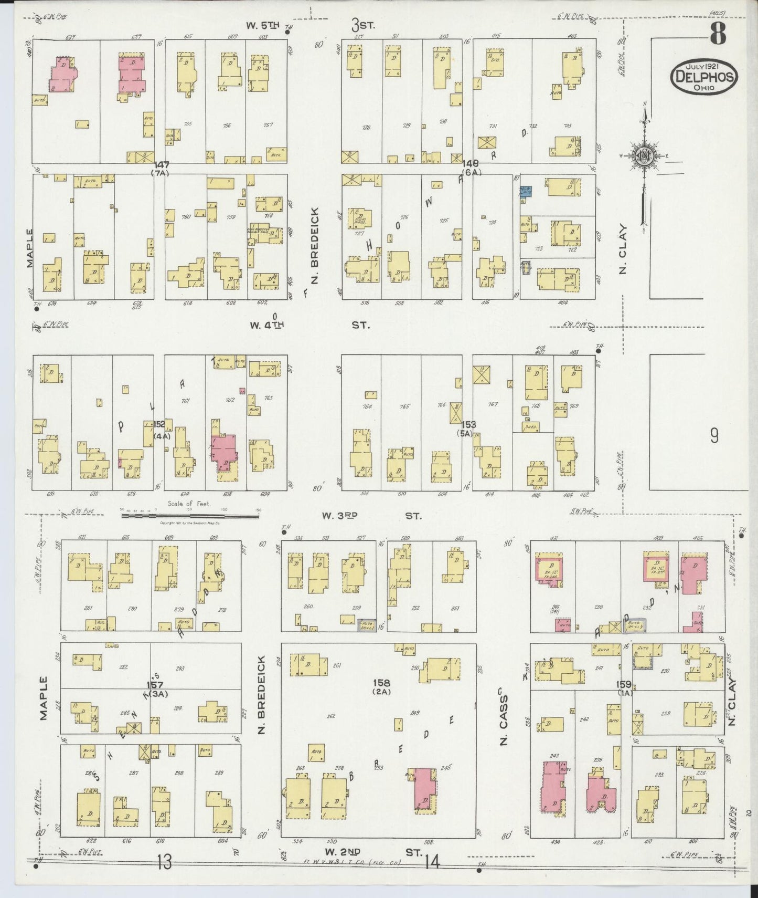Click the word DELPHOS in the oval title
click(704, 78)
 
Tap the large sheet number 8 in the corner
click(718, 35)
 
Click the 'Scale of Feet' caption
click(189, 504)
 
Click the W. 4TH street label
click(267, 325)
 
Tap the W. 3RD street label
click(339, 516)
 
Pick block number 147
click(159, 165)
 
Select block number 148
click(469, 164)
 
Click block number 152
click(159, 424)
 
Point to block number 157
click(157, 685)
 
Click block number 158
click(381, 683)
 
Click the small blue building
click(526, 192)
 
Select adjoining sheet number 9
click(714, 436)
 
